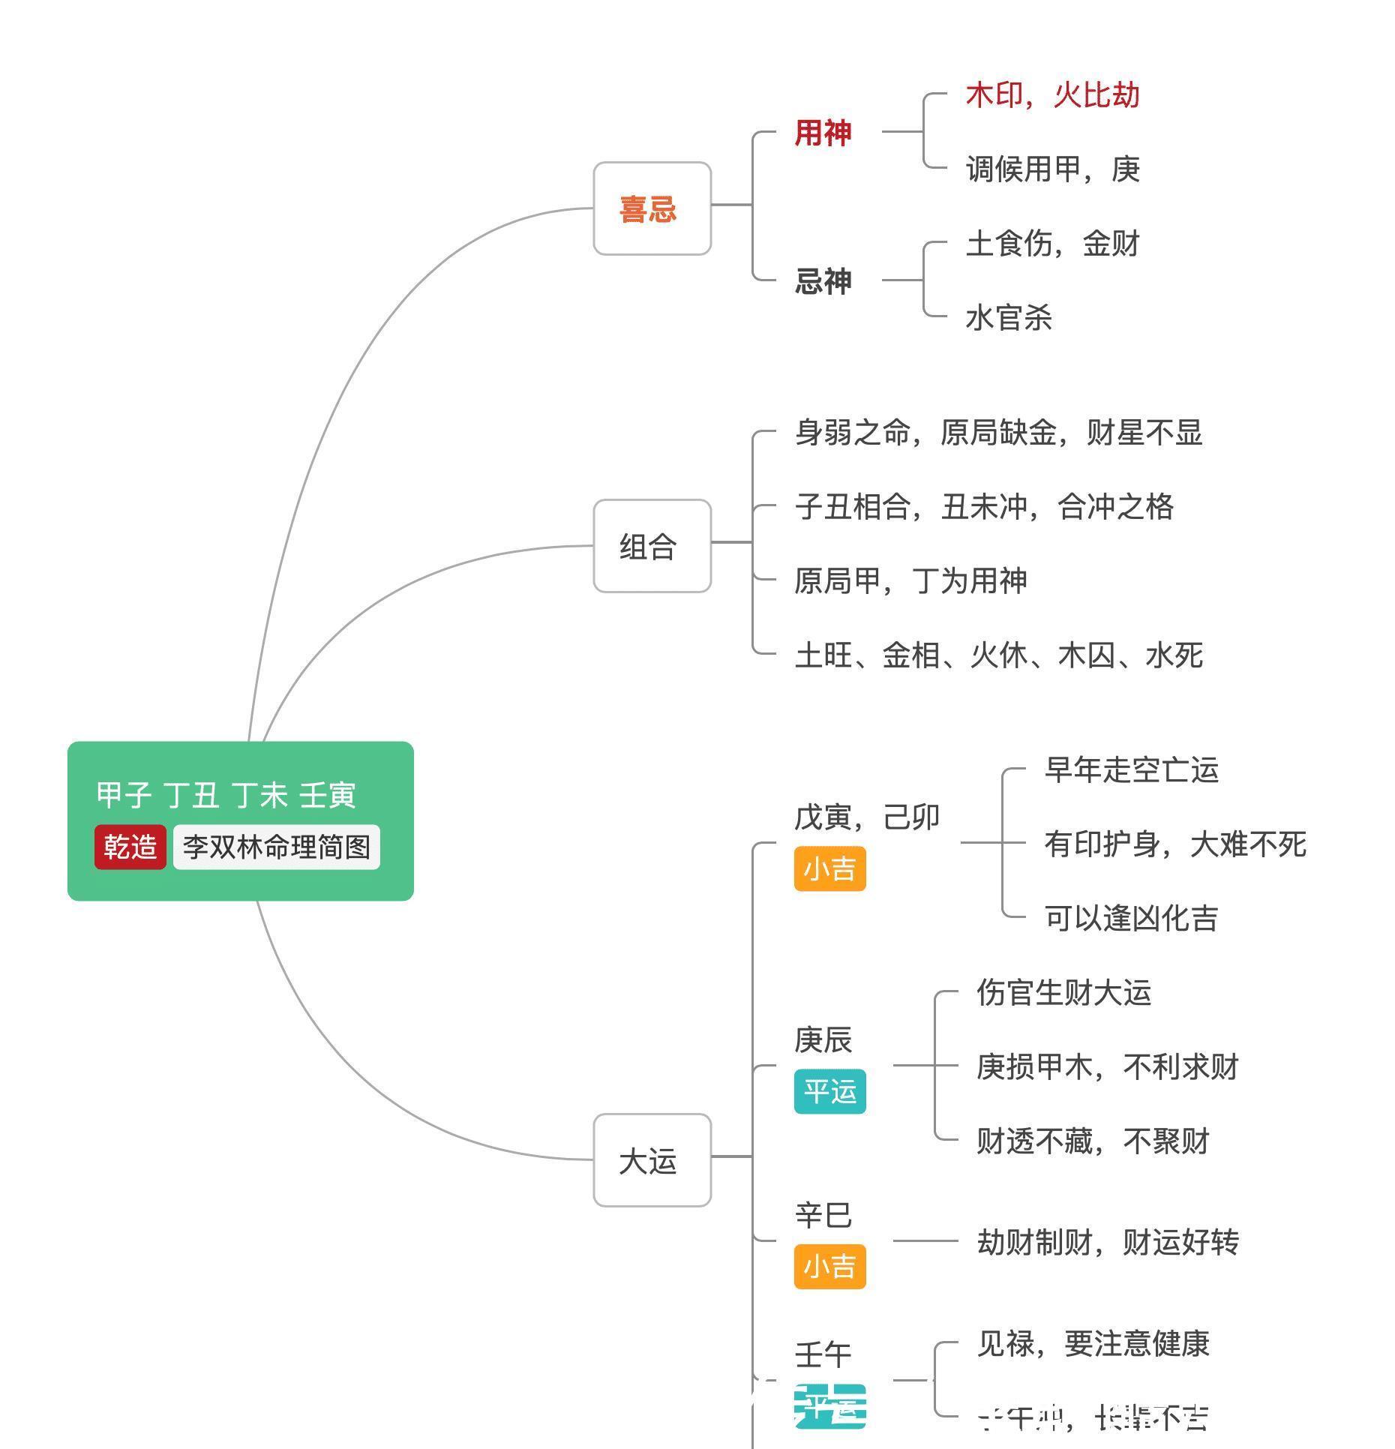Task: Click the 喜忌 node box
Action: [x=651, y=208]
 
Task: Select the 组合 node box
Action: [x=651, y=546]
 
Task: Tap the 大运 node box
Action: [x=651, y=1160]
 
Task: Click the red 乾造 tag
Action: [x=130, y=847]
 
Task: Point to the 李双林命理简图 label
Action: [x=276, y=847]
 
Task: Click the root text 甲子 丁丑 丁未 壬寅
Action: [x=226, y=794]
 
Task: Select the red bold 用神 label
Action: [x=823, y=133]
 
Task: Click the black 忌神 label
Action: [x=823, y=281]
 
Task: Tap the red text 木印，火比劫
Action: [x=1052, y=95]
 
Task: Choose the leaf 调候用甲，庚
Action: [x=1052, y=169]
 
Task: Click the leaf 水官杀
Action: [x=1009, y=318]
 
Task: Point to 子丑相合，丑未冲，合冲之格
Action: [x=984, y=507]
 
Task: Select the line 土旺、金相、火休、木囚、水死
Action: [x=998, y=655]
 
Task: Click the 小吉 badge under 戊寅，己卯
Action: [x=829, y=868]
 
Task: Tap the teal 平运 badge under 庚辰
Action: [x=829, y=1091]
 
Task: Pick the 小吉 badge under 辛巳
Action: [x=829, y=1266]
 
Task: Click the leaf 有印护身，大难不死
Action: [x=1174, y=844]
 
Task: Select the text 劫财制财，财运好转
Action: [x=1107, y=1242]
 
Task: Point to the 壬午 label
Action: [x=823, y=1354]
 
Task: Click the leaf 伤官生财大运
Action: [x=1063, y=992]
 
